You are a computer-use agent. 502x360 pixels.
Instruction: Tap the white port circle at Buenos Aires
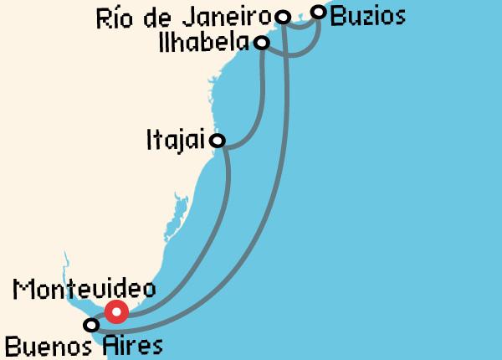90,325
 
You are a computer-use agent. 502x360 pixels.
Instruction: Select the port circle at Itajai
218,141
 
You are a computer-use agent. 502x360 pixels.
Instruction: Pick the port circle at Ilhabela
262,42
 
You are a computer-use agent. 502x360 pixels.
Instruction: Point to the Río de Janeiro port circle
283,18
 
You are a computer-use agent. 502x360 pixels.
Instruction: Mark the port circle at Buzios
318,12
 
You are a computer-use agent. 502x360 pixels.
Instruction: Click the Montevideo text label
85,290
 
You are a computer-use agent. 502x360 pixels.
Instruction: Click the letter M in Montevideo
23,290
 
